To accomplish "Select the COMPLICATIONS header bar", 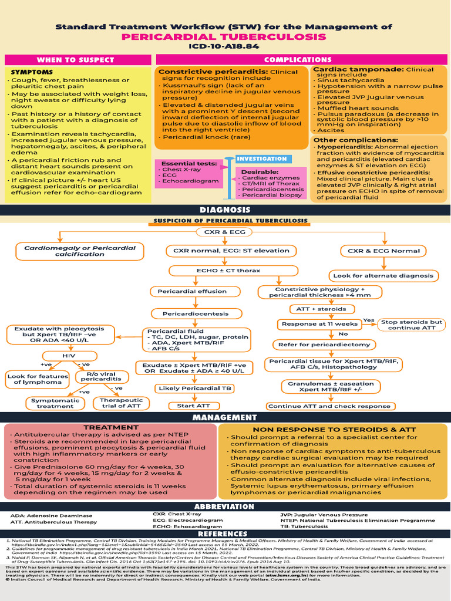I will point(298,60).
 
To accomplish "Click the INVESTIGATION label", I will point(262,158).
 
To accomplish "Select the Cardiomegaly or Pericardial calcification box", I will point(80,251).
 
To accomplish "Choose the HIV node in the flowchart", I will point(69,356).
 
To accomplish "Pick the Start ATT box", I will point(189,406).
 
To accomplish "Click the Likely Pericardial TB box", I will point(194,389).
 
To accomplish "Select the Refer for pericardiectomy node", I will point(324,345).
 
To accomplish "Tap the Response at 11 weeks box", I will point(320,324).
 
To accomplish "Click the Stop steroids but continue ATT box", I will point(411,325).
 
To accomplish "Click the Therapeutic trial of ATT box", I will point(122,403).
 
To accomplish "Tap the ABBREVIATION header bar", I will point(224,507).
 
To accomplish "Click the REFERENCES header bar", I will point(225,534).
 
